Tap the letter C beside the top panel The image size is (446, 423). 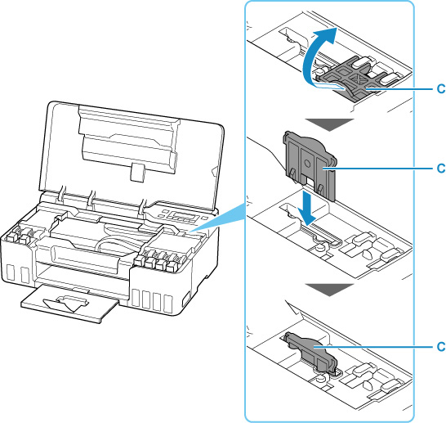pyautogui.click(x=441, y=89)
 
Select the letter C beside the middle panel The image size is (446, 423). pyautogui.click(x=441, y=169)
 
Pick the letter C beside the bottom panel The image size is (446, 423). pyautogui.click(x=441, y=347)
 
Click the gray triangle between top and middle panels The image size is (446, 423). pyautogui.click(x=329, y=124)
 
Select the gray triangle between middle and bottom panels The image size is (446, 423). pyautogui.click(x=329, y=290)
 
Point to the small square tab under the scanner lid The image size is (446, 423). pyautogui.click(x=137, y=173)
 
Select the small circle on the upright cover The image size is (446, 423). pyautogui.click(x=306, y=164)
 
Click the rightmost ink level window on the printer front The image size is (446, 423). pyautogui.click(x=168, y=304)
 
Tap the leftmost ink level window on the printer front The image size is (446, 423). pyautogui.click(x=11, y=272)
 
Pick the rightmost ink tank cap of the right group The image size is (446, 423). pyautogui.click(x=172, y=264)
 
